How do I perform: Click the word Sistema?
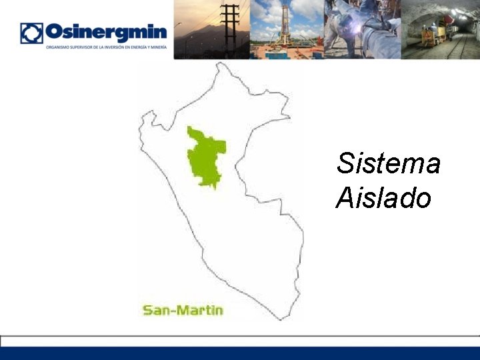389,163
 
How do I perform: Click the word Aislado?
384,198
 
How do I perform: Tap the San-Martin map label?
183,310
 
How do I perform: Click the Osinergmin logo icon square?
31,33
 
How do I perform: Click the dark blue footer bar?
240,353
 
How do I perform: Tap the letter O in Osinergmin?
54,33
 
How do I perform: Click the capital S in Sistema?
345,163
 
